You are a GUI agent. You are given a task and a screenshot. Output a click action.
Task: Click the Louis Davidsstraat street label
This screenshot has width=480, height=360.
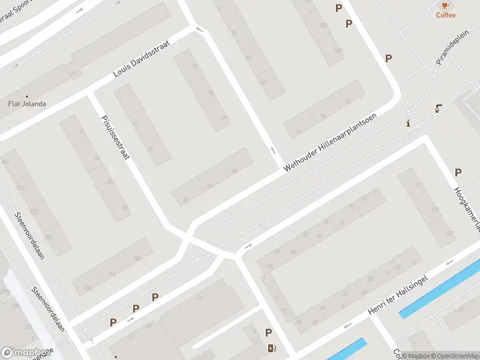(x=142, y=59)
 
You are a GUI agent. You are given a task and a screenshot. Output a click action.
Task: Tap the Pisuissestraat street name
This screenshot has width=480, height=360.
(x=116, y=136)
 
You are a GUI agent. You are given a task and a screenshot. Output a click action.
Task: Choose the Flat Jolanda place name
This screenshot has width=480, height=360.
(x=26, y=104)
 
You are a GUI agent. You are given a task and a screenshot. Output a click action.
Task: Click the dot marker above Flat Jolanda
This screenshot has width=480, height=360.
(x=26, y=96)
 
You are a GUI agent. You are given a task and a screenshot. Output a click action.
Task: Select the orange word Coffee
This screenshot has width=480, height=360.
(x=445, y=16)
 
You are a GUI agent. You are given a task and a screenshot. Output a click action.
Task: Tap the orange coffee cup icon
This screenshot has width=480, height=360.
(x=445, y=5)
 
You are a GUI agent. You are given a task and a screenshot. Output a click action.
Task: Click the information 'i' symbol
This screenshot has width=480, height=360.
(x=408, y=123)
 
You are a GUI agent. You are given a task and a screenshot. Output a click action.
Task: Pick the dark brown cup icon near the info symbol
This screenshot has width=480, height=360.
(x=439, y=109)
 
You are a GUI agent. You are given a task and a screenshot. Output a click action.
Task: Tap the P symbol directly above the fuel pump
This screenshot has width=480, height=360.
(x=268, y=333)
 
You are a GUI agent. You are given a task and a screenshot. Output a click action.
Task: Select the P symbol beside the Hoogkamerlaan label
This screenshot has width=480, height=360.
(x=458, y=172)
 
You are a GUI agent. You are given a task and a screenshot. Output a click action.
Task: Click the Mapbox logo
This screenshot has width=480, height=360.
(x=25, y=353)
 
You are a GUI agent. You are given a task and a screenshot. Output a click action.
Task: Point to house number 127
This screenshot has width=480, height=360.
(x=448, y=233)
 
